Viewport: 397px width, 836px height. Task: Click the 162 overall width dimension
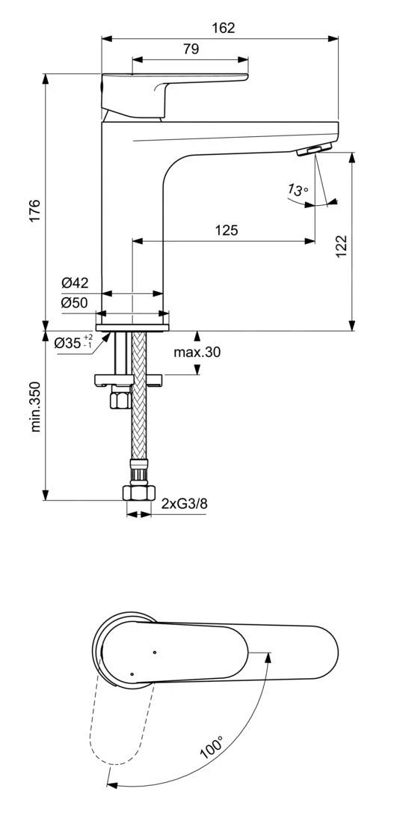[222, 28]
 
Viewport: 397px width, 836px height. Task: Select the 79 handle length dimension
[191, 49]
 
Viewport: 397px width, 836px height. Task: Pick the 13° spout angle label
[298, 191]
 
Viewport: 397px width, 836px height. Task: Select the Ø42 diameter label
[75, 283]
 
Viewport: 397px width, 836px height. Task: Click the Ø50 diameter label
[75, 303]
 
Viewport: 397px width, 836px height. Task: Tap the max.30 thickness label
[197, 352]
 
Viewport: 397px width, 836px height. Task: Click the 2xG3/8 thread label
[184, 504]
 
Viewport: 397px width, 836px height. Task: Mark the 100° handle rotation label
[212, 748]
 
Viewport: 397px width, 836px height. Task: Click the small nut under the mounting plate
[118, 400]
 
